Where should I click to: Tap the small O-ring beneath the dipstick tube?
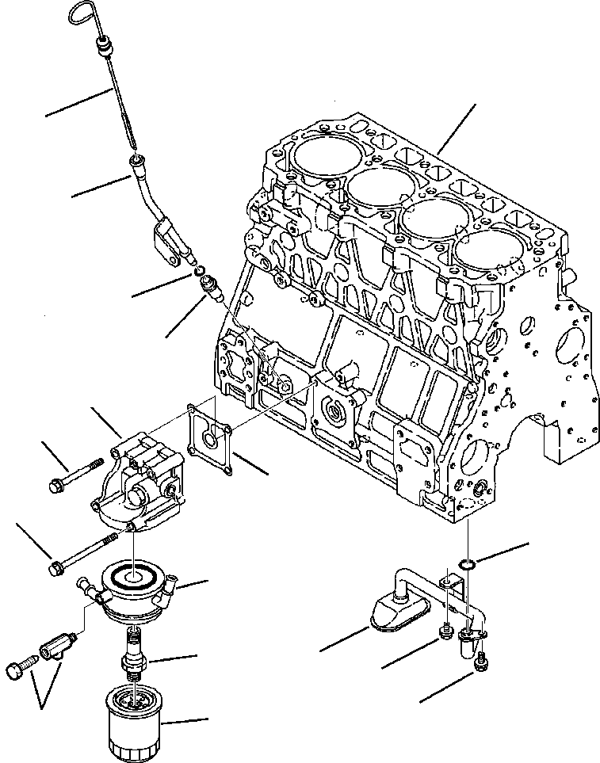(201, 273)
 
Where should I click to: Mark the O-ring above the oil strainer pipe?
(468, 563)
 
